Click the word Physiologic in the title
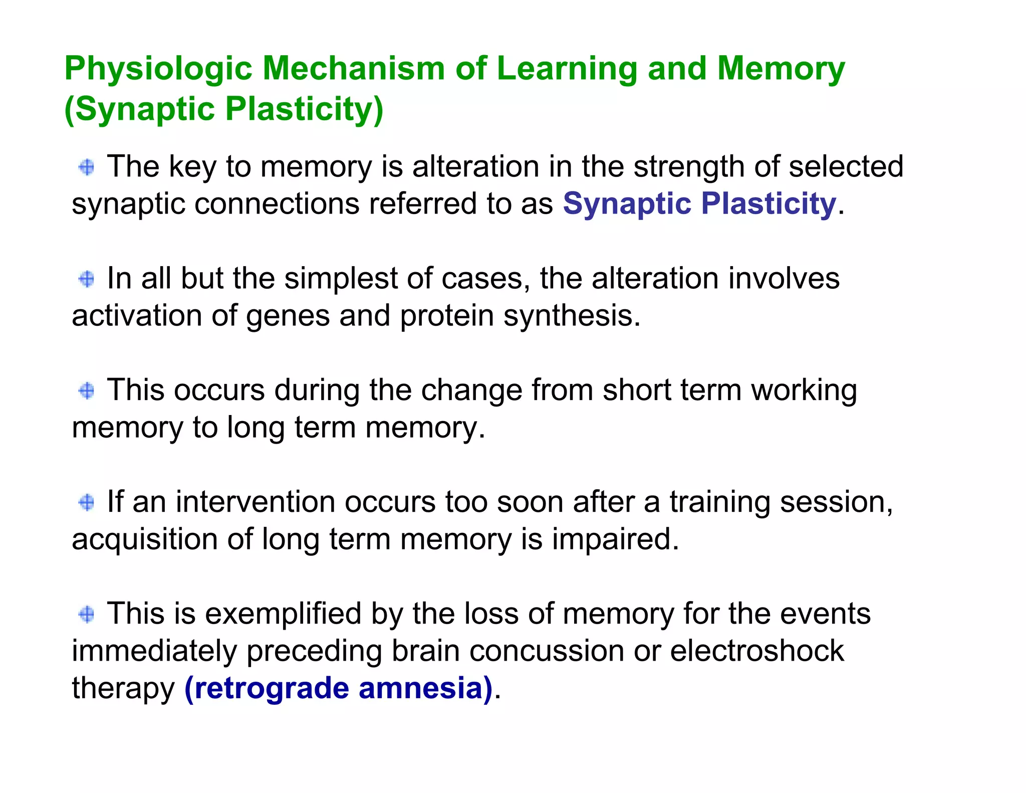point(158,69)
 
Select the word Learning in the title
point(567,69)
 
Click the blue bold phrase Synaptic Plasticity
point(699,204)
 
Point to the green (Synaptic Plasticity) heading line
point(224,109)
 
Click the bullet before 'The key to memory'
point(87,167)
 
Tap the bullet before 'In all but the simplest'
point(87,279)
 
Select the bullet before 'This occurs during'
point(87,390)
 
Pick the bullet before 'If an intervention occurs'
point(87,502)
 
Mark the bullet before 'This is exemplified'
point(87,614)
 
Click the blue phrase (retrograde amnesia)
point(339,688)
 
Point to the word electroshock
point(757,651)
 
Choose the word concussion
point(547,651)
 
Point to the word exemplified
point(283,614)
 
